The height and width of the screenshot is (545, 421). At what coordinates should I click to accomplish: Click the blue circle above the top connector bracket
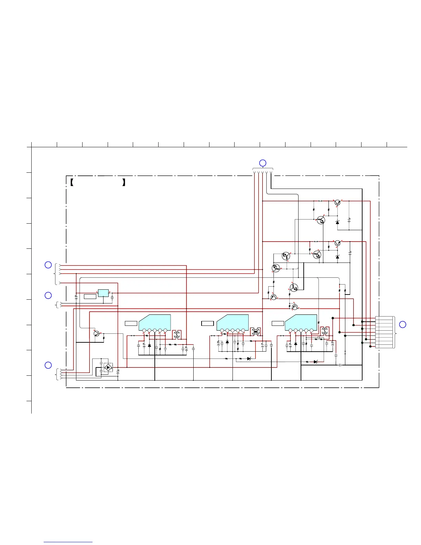(x=262, y=163)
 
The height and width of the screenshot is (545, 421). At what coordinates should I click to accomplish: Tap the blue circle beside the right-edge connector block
(x=402, y=324)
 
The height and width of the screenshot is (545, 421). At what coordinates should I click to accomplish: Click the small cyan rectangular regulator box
(x=103, y=293)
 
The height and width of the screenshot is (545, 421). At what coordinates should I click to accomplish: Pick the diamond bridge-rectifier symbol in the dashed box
(x=108, y=367)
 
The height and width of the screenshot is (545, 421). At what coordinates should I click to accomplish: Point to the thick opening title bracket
(x=72, y=182)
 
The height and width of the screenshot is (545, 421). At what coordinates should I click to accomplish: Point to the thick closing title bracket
(x=123, y=182)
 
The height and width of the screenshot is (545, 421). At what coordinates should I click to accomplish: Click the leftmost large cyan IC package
(x=155, y=322)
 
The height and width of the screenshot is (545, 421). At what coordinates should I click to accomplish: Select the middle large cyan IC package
(x=233, y=322)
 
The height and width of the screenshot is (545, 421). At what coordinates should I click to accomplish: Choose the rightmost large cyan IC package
(x=301, y=322)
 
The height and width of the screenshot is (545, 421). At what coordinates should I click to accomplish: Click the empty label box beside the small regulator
(x=90, y=297)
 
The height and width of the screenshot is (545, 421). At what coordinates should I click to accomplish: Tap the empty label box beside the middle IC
(x=207, y=323)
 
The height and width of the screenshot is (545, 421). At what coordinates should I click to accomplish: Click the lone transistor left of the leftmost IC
(x=96, y=333)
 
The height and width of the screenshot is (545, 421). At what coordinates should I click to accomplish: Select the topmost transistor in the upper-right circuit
(x=338, y=203)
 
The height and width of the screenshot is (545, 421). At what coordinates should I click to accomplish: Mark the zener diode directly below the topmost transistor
(x=337, y=222)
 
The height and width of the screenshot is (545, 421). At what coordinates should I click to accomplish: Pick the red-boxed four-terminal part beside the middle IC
(x=255, y=332)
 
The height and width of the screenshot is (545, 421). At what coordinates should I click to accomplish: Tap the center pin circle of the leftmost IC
(x=155, y=331)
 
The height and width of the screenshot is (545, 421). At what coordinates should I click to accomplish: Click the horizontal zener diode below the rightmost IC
(x=315, y=362)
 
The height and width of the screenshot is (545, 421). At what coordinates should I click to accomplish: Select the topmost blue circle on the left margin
(x=48, y=265)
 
